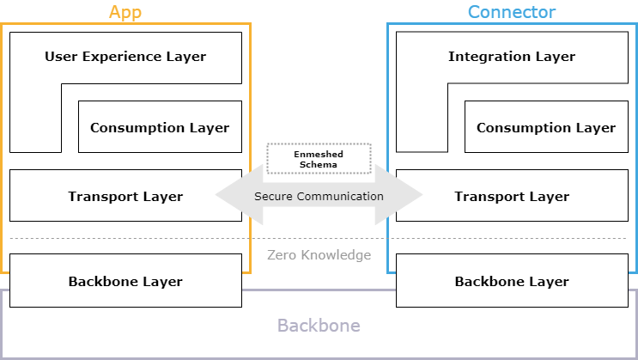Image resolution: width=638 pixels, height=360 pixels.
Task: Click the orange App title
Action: coord(125,12)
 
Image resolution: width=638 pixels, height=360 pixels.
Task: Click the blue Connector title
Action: coord(512,12)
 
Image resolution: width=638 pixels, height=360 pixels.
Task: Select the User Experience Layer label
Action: coord(125,57)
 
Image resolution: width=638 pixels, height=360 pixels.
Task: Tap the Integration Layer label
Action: coord(512,57)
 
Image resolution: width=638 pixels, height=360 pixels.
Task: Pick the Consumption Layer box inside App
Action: coord(160,127)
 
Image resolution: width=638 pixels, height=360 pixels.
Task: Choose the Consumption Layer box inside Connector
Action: coord(546,127)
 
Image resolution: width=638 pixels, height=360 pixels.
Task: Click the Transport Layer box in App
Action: coord(125,196)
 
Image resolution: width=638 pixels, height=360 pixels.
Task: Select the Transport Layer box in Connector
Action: coord(512,196)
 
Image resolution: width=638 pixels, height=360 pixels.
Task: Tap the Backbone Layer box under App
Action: coord(125,281)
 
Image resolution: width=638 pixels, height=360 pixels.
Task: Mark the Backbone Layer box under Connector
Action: coord(512,281)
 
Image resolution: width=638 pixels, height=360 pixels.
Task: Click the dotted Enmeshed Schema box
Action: coord(319,158)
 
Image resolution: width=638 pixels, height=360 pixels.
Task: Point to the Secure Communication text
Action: coord(319,196)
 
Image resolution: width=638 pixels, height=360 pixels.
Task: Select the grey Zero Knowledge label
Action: coord(319,255)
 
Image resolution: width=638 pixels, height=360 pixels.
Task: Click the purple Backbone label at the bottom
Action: coord(319,326)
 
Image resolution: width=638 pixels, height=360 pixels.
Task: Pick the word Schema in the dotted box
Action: coord(319,164)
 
